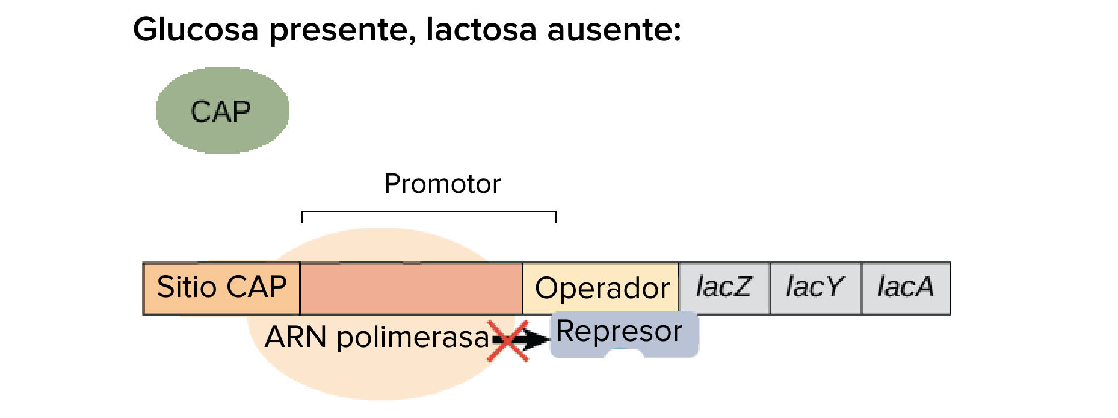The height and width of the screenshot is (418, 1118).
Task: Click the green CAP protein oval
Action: (223, 110)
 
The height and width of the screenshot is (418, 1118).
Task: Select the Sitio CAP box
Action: (221, 289)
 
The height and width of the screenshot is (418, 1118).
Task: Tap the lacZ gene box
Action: (724, 289)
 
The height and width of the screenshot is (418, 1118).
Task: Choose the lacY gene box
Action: (816, 289)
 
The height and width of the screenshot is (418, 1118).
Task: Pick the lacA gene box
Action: (906, 289)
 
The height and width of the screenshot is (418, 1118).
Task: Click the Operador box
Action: (601, 289)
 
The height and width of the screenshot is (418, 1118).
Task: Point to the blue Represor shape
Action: (624, 334)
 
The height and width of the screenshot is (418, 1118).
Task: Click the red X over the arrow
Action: (508, 341)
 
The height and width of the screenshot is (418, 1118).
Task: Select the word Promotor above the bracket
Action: (442, 184)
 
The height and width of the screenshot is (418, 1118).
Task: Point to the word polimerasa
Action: (413, 338)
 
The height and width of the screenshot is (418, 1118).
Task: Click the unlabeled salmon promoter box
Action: (411, 289)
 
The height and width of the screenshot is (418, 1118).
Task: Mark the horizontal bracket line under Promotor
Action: (428, 212)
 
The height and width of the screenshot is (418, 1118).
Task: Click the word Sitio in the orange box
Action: (187, 287)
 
